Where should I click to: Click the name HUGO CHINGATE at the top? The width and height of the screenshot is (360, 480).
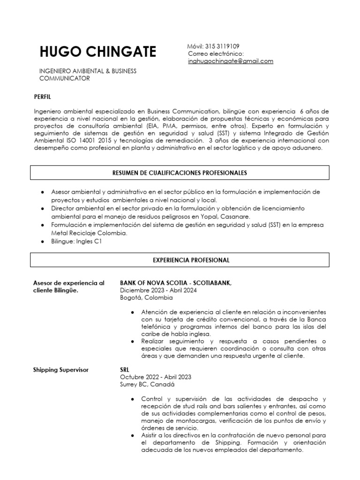(97, 52)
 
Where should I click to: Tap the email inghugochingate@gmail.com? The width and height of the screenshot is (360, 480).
(230, 61)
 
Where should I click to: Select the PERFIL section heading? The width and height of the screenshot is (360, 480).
(42, 97)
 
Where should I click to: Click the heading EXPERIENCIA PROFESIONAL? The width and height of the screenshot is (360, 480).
(191, 259)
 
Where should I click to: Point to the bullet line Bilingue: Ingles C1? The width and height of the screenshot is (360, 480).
(76, 241)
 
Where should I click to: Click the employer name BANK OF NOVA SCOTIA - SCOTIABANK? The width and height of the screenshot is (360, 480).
(176, 283)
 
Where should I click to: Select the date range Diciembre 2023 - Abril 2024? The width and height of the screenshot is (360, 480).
(158, 291)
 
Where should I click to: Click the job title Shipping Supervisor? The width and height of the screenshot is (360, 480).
(61, 370)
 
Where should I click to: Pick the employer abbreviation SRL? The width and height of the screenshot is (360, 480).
(125, 370)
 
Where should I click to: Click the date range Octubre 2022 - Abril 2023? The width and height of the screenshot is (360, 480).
(155, 377)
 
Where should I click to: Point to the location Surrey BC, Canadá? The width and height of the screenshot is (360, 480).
(147, 385)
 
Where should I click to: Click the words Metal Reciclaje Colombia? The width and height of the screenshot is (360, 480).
(89, 233)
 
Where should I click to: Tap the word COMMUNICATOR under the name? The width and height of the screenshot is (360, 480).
(64, 78)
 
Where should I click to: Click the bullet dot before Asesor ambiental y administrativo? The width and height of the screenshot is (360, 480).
(43, 192)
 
